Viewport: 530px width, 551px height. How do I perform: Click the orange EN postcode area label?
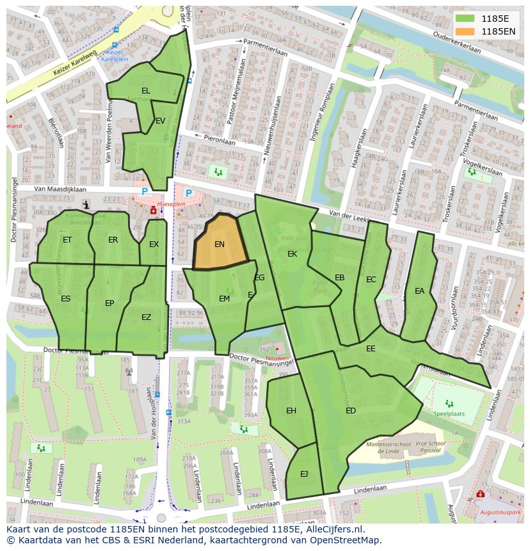220,244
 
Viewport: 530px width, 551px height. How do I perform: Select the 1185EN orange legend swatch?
466,31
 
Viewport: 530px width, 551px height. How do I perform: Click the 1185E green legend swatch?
466,19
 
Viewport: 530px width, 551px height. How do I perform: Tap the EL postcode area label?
146,91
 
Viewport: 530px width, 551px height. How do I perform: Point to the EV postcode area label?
160,121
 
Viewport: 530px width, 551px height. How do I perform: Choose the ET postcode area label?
67,240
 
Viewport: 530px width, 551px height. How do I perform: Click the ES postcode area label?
66,299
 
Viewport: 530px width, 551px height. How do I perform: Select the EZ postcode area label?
147,317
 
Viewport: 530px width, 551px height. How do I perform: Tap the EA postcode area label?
419,291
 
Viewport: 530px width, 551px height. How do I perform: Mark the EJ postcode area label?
304,474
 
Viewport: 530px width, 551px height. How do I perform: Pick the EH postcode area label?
291,411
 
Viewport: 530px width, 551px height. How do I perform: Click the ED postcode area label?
351,411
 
